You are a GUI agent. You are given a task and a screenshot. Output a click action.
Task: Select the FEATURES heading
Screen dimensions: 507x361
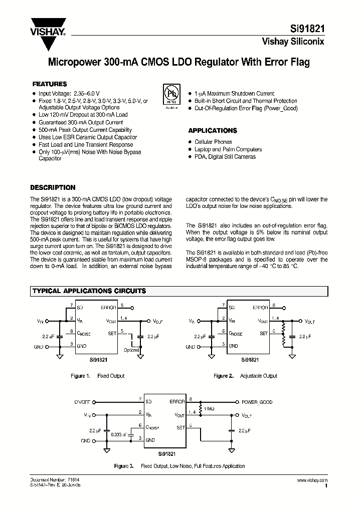[x=50, y=84]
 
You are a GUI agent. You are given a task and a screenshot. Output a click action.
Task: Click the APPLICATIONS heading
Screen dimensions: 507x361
[x=212, y=130]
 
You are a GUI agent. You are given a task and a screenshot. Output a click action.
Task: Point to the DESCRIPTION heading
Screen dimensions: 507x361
[x=53, y=188]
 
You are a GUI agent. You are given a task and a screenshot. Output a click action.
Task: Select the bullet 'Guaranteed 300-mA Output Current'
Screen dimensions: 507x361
[x=80, y=122]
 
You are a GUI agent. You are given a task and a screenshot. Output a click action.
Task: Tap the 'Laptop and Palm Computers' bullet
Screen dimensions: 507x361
[x=228, y=149]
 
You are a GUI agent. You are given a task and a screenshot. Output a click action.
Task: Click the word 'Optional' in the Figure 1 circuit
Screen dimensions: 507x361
[x=131, y=350]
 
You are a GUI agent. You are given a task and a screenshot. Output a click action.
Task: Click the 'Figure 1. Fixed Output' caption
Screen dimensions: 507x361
[x=97, y=376]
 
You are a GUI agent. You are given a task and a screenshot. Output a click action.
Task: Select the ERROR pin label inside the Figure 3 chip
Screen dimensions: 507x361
[x=177, y=402]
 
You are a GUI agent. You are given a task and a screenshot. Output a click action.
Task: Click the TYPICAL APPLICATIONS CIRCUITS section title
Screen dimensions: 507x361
[x=89, y=291]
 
